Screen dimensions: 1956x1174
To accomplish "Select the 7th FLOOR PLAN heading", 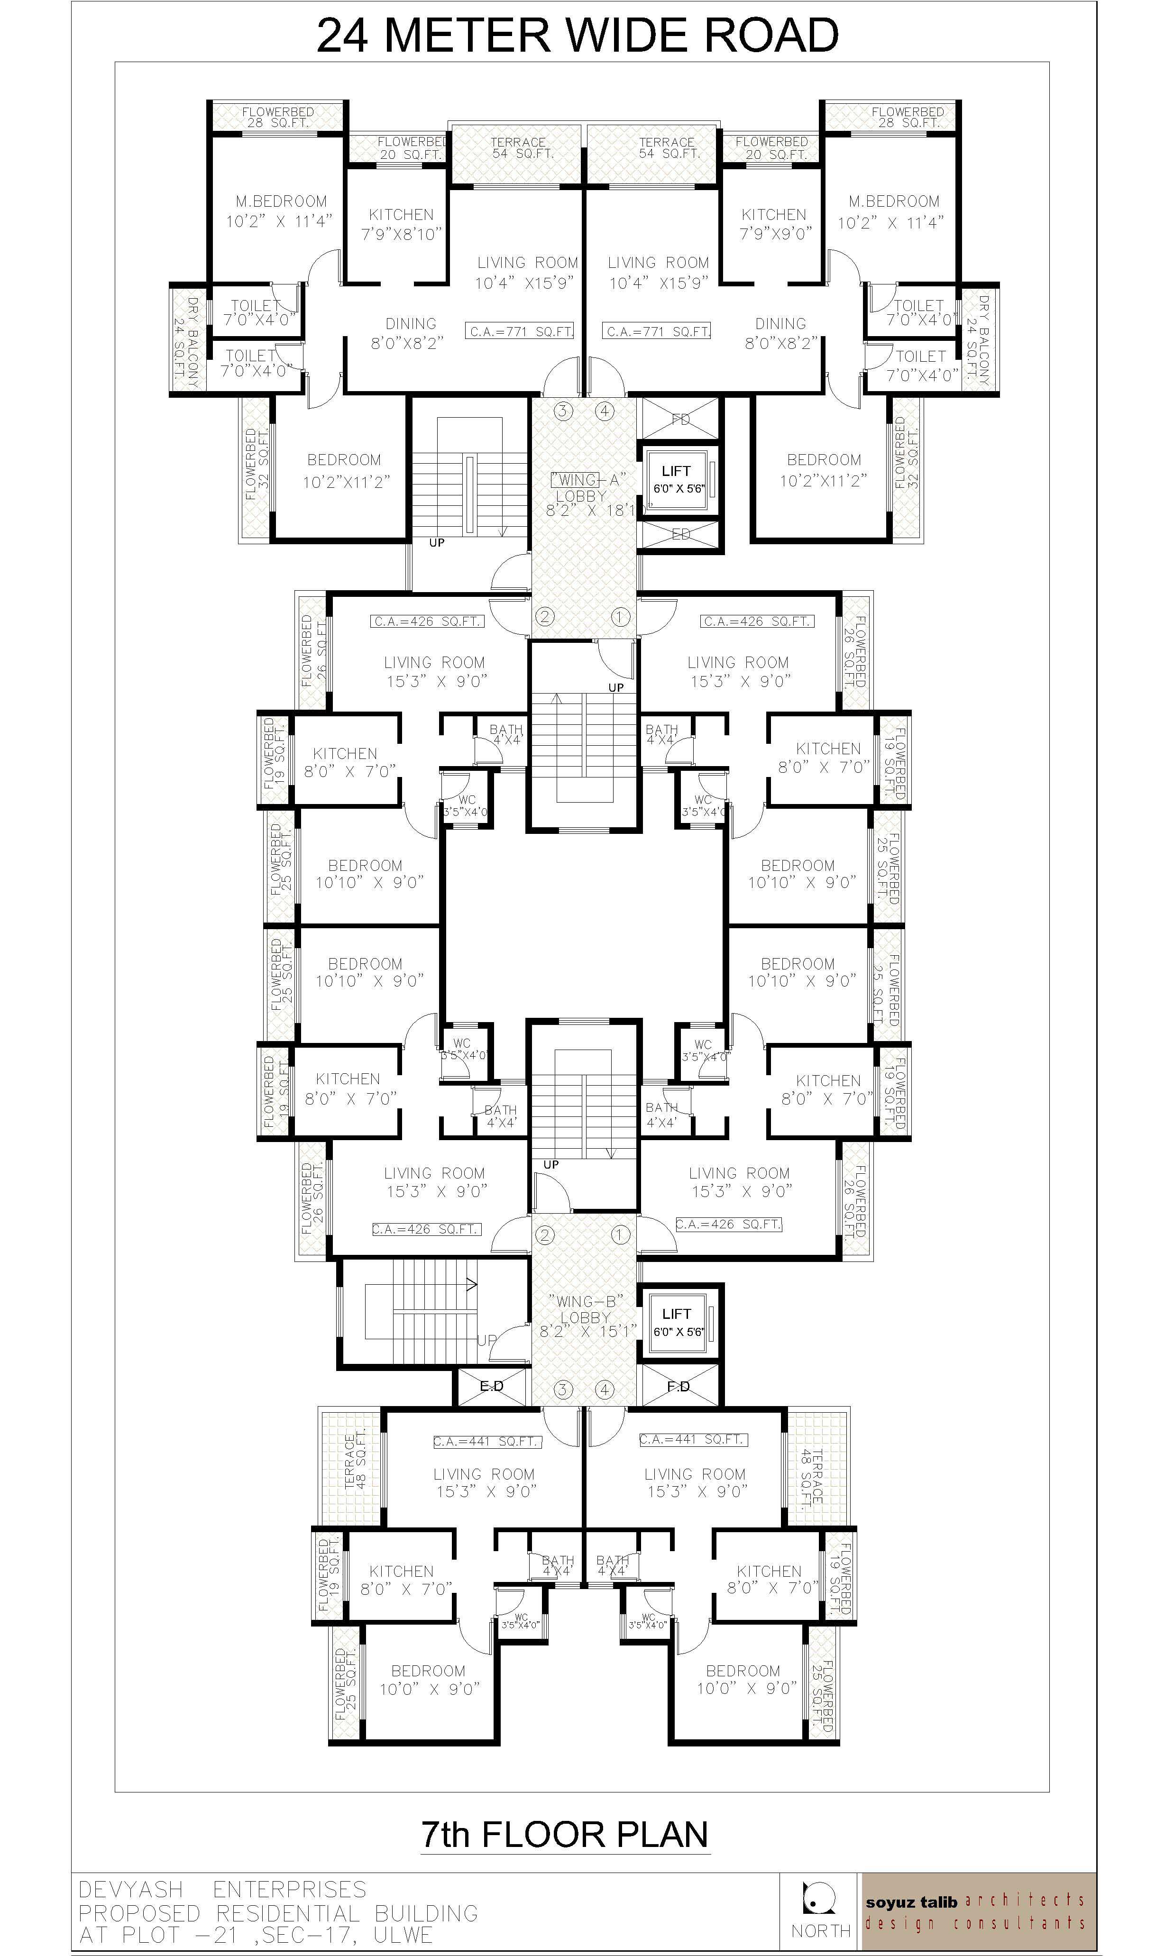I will pos(564,1834).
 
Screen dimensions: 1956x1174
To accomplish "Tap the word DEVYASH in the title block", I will pos(130,1890).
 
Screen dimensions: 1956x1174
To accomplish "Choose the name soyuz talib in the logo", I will pos(910,1902).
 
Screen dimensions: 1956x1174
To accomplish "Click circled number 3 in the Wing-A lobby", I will pos(562,411).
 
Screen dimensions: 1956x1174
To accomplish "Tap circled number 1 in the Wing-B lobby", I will pos(619,1234).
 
